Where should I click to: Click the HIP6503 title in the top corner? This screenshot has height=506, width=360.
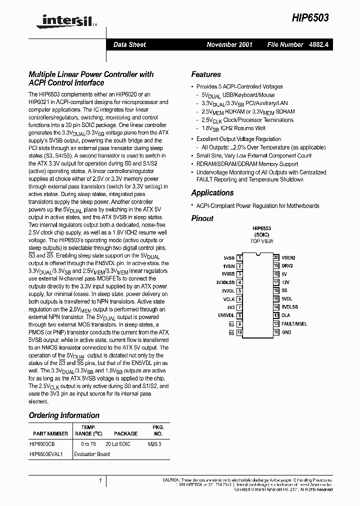pyautogui.click(x=310, y=17)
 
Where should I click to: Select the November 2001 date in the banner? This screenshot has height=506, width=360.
pyautogui.click(x=229, y=44)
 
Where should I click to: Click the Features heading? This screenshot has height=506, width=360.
pyautogui.click(x=205, y=74)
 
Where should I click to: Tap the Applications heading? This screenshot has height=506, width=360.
pyautogui.click(x=212, y=193)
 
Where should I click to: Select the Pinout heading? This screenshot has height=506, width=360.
pyautogui.click(x=202, y=218)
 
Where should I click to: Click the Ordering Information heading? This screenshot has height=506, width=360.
pyautogui.click(x=64, y=415)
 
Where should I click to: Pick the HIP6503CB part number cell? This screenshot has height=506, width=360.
pyautogui.click(x=42, y=444)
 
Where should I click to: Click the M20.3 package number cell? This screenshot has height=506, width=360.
pyautogui.click(x=154, y=444)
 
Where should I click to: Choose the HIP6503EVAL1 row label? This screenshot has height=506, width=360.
pyautogui.click(x=46, y=454)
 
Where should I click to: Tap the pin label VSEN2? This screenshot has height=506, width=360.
pyautogui.click(x=288, y=257)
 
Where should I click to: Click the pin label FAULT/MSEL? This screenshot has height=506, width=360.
pyautogui.click(x=294, y=324)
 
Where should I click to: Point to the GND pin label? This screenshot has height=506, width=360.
pyautogui.click(x=286, y=332)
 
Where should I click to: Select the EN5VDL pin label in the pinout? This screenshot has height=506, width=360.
pyautogui.click(x=226, y=315)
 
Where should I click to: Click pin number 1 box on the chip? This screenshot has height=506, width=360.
pyautogui.click(x=239, y=257)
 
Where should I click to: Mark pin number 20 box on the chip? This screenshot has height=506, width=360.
pyautogui.click(x=276, y=257)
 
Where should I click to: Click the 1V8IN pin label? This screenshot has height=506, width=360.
pyautogui.click(x=228, y=266)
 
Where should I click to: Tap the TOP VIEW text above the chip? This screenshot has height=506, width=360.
pyautogui.click(x=261, y=241)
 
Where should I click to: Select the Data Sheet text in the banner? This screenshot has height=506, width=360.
pyautogui.click(x=129, y=44)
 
